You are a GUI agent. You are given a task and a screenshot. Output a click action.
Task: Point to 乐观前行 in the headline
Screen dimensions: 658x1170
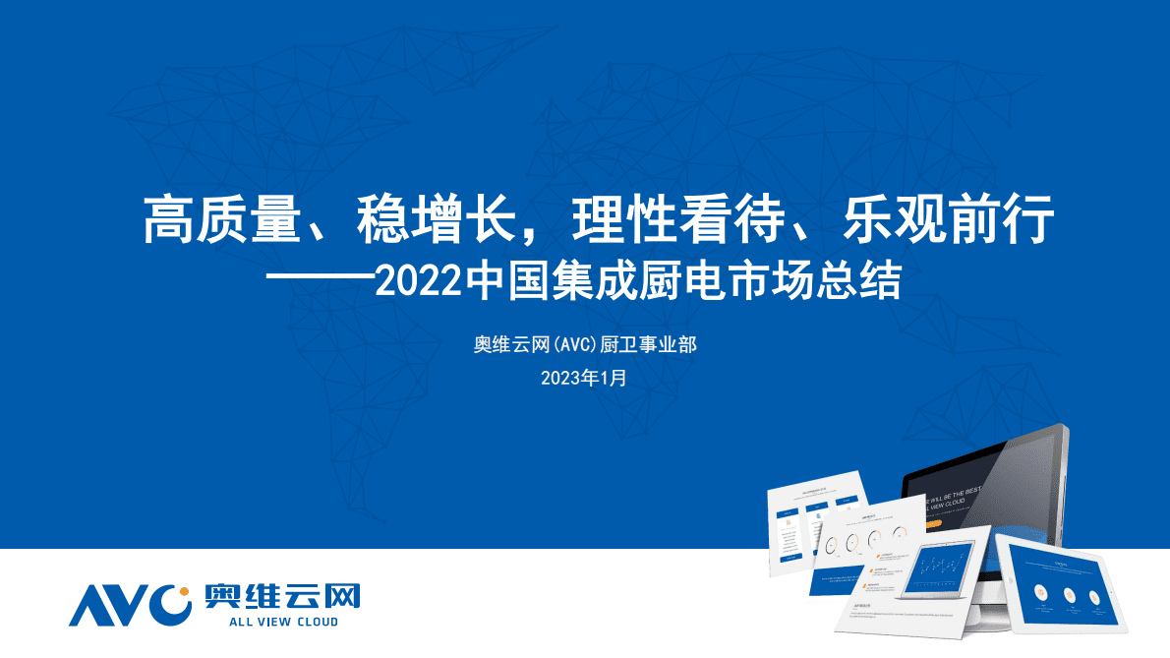pyautogui.click(x=949, y=218)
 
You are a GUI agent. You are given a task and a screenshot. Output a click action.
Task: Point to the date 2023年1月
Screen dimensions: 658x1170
pyautogui.click(x=583, y=377)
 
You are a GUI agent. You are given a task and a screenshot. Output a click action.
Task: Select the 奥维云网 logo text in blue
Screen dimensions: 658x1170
pyautogui.click(x=282, y=596)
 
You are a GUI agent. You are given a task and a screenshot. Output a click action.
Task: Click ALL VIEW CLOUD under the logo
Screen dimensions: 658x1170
pyautogui.click(x=282, y=622)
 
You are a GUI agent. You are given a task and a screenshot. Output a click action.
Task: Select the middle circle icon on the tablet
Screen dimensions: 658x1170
pyautogui.click(x=1069, y=593)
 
